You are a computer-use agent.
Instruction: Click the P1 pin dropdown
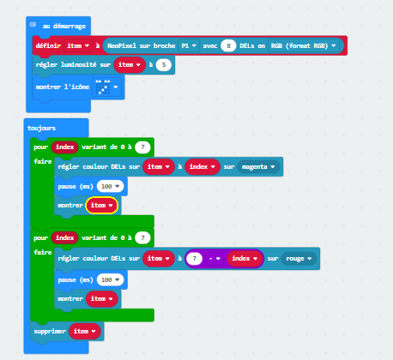189,45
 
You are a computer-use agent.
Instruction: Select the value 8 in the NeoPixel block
228,45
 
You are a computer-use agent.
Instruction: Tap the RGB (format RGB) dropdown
303,45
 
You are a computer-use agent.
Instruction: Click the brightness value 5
164,65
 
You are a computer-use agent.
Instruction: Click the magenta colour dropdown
258,166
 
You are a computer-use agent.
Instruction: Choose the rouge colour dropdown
299,259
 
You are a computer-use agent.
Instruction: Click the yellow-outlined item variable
101,205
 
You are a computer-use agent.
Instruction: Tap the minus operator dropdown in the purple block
215,259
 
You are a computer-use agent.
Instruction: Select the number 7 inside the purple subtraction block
195,259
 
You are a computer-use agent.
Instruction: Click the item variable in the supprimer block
85,331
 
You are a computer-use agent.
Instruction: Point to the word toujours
41,128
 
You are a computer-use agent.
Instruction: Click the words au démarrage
64,26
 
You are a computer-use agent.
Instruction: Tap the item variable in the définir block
78,45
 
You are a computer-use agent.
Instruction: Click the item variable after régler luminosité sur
130,65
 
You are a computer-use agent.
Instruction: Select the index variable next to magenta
203,166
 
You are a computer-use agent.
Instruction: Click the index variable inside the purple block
245,259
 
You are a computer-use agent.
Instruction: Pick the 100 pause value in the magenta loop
110,186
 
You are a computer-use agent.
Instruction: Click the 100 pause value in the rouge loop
110,279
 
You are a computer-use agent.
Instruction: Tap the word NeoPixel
122,45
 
